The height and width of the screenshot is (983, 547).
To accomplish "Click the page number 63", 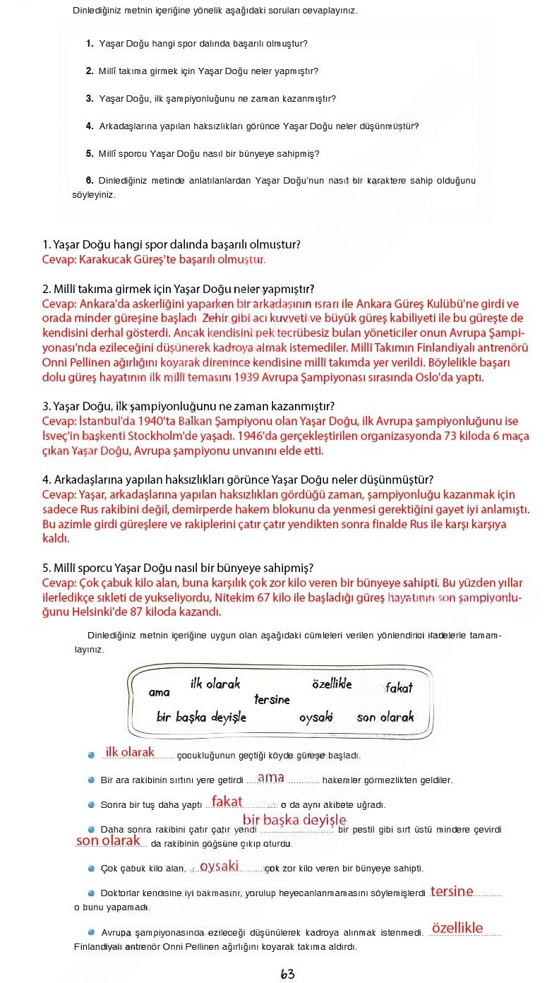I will [x=287, y=974].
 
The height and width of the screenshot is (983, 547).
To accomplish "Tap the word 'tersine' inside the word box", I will [x=272, y=699].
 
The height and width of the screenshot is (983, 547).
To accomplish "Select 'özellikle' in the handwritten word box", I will [x=332, y=684].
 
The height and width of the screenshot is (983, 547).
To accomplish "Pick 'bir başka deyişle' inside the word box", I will [x=201, y=717].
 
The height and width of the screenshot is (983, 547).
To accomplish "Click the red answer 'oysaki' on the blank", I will [x=219, y=866].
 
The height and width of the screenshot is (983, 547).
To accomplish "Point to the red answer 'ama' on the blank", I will [x=270, y=778].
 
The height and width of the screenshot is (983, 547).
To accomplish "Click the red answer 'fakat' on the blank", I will [x=227, y=802].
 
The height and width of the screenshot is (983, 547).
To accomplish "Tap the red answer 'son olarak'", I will [x=108, y=841].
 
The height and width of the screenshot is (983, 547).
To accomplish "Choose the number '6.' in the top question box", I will [x=90, y=180].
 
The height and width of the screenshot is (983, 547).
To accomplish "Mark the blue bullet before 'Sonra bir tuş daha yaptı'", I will [x=91, y=804].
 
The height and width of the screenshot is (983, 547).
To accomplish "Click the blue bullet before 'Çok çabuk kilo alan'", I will [x=91, y=869].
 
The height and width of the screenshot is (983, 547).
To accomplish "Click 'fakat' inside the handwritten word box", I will [x=399, y=687].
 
